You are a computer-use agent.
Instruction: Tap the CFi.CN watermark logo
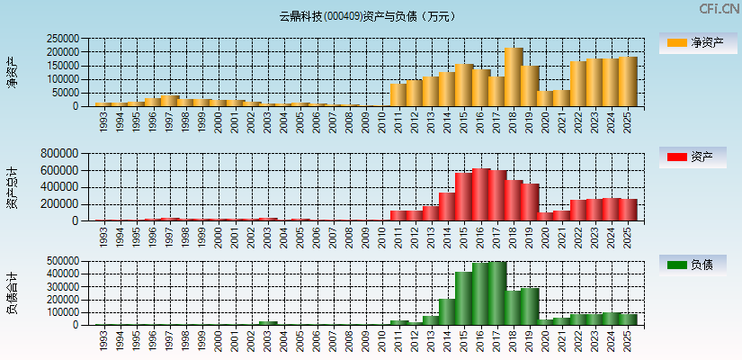click(719, 9)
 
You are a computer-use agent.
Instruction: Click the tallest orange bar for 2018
click(514, 77)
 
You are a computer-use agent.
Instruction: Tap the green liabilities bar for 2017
click(497, 293)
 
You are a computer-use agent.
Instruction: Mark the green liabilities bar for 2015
click(464, 299)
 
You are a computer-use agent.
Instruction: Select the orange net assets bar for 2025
click(628, 82)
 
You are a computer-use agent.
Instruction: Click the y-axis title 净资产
click(12, 72)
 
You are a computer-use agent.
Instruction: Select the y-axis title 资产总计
click(12, 187)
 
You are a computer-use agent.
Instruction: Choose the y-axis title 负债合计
click(12, 292)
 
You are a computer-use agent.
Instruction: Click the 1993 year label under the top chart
click(104, 121)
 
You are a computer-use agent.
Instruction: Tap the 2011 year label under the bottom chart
click(399, 341)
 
